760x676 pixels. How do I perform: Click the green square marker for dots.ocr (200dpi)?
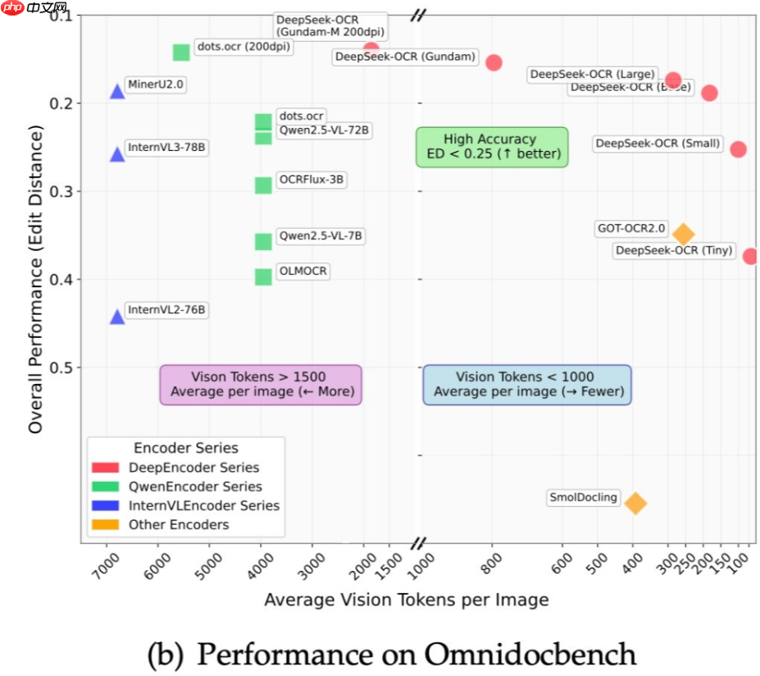point(181,53)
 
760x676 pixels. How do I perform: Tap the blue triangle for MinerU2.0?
point(117,91)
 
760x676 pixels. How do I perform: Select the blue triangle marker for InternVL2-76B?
point(117,317)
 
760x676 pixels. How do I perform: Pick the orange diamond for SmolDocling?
point(635,503)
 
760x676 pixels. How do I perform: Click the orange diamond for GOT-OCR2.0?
point(683,234)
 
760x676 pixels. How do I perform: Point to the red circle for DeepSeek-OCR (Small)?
point(738,149)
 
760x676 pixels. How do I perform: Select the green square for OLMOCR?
point(263,277)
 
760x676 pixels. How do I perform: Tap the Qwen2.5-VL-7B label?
point(320,236)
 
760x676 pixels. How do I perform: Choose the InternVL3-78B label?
point(166,148)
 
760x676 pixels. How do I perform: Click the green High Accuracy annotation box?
point(491,147)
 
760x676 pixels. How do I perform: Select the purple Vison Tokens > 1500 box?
point(260,385)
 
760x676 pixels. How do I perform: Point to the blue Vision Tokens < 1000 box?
point(527,385)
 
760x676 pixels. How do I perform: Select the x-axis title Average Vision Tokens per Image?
point(406,601)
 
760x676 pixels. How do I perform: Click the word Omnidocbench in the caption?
point(530,655)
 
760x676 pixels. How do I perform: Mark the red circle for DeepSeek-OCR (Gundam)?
point(494,62)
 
